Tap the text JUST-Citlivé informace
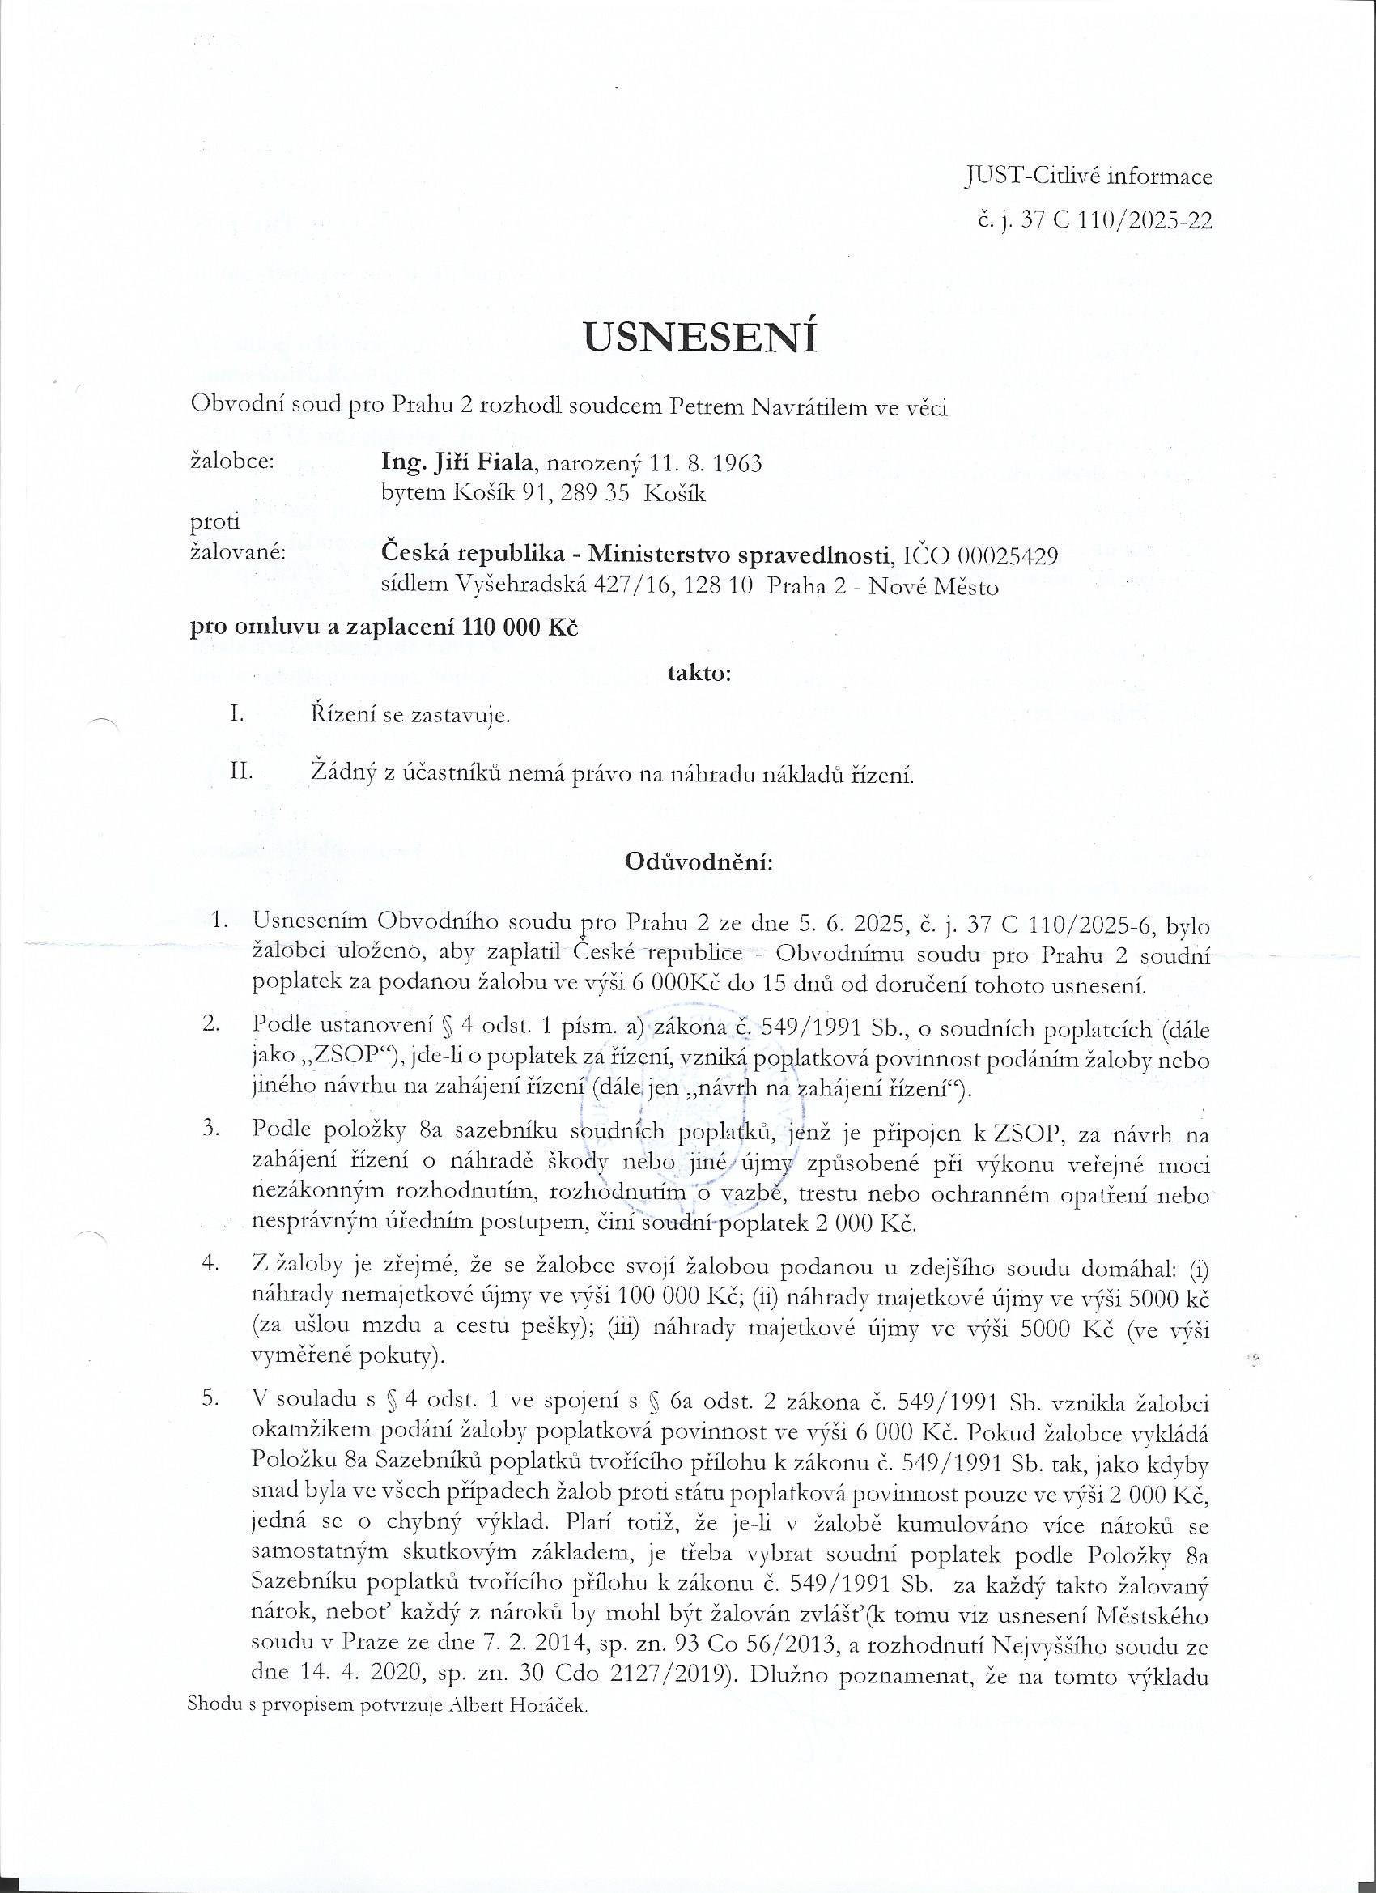1088,177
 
